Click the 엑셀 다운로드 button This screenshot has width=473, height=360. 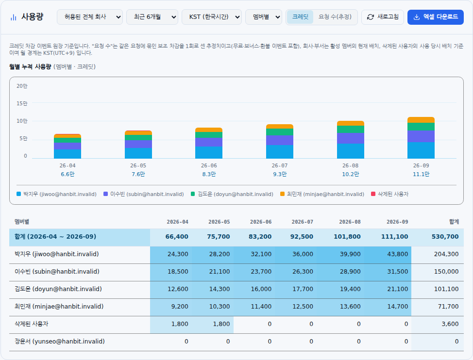coord(435,17)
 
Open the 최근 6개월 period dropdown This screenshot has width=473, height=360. coord(152,17)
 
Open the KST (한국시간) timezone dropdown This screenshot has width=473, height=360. coord(211,17)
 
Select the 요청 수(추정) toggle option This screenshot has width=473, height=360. coord(335,17)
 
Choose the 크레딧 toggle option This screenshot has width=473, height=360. coord(300,17)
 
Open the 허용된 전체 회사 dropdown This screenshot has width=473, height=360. coord(89,17)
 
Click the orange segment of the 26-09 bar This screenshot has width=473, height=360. coord(421,120)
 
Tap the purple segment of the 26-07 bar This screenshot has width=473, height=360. coord(280,140)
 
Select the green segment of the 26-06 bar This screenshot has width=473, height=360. coord(209,135)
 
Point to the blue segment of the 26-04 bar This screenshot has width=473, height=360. coord(68,154)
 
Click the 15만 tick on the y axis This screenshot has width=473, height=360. coord(22,103)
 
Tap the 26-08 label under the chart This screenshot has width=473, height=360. coord(350,166)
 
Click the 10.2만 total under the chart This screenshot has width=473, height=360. coord(350,174)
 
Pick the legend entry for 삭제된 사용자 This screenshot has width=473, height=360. coord(390,194)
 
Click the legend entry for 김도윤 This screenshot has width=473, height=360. coord(232,194)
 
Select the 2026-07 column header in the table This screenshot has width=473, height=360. coord(302,222)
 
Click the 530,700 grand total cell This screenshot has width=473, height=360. coord(445,237)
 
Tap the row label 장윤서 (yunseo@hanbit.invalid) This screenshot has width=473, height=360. coord(60,342)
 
